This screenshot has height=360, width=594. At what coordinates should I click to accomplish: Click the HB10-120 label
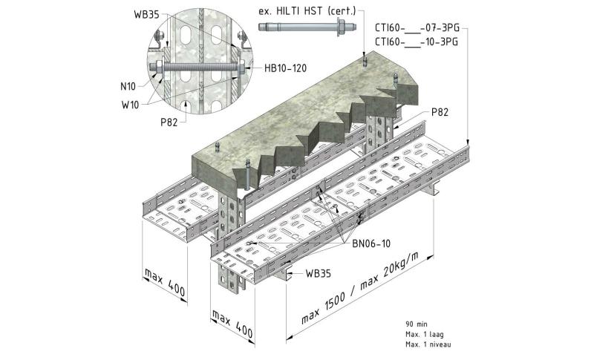tap(286, 68)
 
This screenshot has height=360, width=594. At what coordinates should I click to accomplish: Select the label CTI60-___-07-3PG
tap(416, 27)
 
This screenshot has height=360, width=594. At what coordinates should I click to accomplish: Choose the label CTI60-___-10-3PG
tap(416, 42)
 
